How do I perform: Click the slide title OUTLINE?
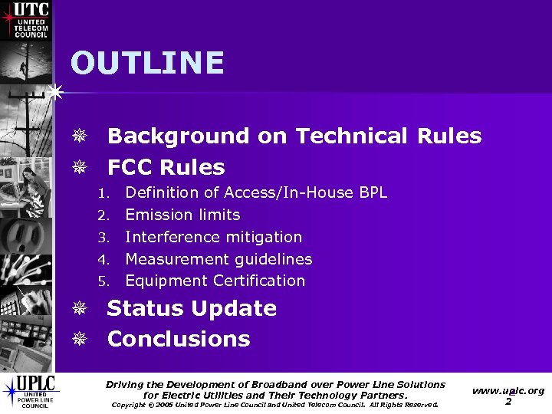click(147, 63)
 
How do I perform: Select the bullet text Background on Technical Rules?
click(294, 136)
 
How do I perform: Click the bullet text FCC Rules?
click(166, 167)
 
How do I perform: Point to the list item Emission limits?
click(182, 215)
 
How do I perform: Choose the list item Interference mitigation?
click(213, 237)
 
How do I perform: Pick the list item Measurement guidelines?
click(219, 259)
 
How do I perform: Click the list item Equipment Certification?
click(215, 281)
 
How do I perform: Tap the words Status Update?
click(192, 308)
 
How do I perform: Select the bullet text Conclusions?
click(179, 339)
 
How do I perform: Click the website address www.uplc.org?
click(508, 390)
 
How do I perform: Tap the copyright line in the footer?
click(274, 405)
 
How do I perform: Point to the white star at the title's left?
click(54, 92)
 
